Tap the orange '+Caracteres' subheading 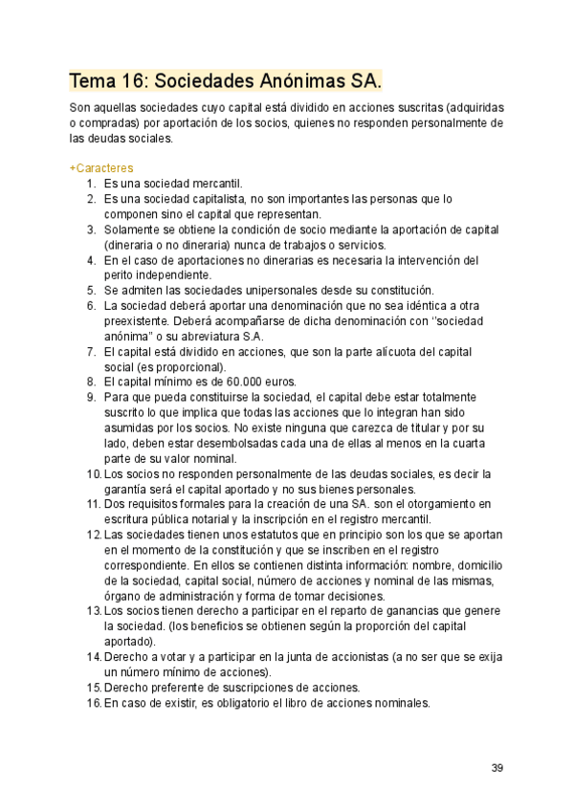point(101,168)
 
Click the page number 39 point(497,767)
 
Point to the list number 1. point(91,184)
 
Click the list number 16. point(94,702)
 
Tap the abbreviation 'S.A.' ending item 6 point(250,336)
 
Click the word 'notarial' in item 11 point(203,518)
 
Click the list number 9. point(91,397)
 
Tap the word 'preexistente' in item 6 point(136,320)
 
